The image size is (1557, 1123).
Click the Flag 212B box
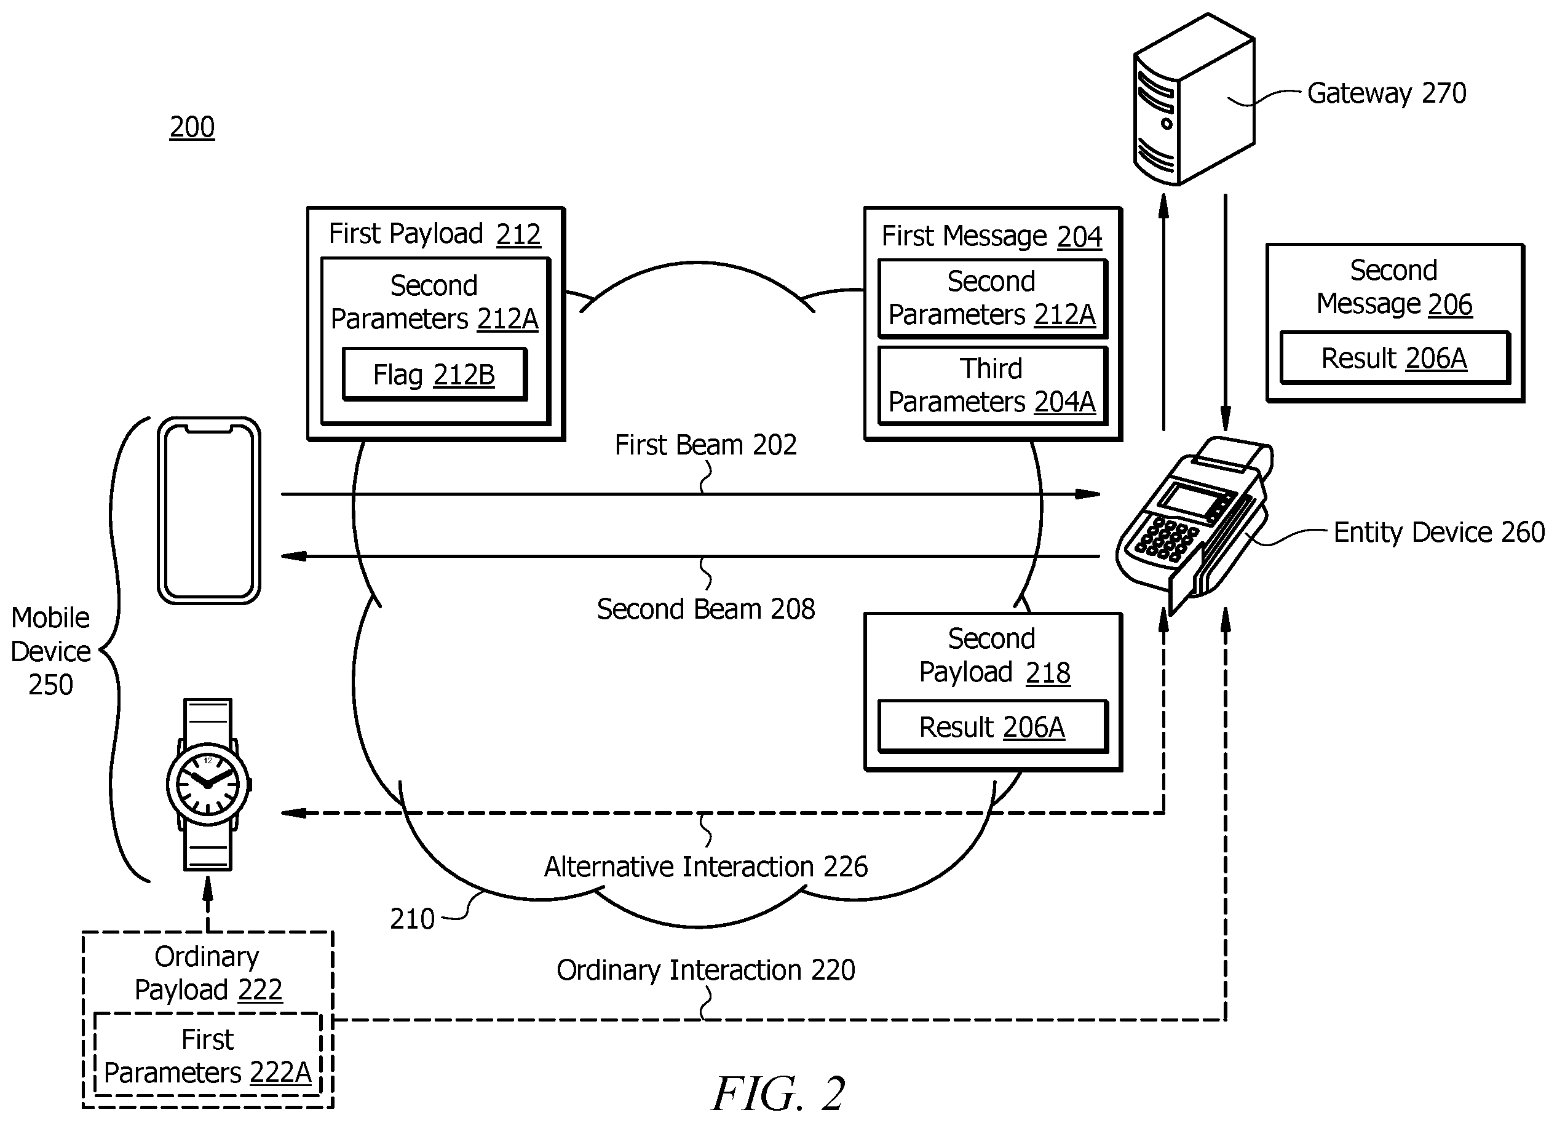(x=435, y=374)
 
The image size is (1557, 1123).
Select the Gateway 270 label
(x=1386, y=93)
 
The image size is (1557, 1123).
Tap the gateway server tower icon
(x=1194, y=100)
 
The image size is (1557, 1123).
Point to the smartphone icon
(x=208, y=510)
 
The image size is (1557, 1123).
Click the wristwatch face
(x=208, y=784)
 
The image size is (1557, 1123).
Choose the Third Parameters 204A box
(x=992, y=386)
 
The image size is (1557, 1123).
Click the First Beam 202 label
(x=706, y=445)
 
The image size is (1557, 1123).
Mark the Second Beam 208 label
(x=706, y=609)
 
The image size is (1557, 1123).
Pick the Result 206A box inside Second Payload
(x=992, y=726)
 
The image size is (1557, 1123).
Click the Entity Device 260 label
(x=1439, y=532)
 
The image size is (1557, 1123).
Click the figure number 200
(x=192, y=127)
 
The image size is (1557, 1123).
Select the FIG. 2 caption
(x=778, y=1093)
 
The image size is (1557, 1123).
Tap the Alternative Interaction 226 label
(x=706, y=867)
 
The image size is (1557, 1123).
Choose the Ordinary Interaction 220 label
(x=706, y=970)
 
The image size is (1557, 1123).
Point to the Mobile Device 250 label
(x=51, y=651)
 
